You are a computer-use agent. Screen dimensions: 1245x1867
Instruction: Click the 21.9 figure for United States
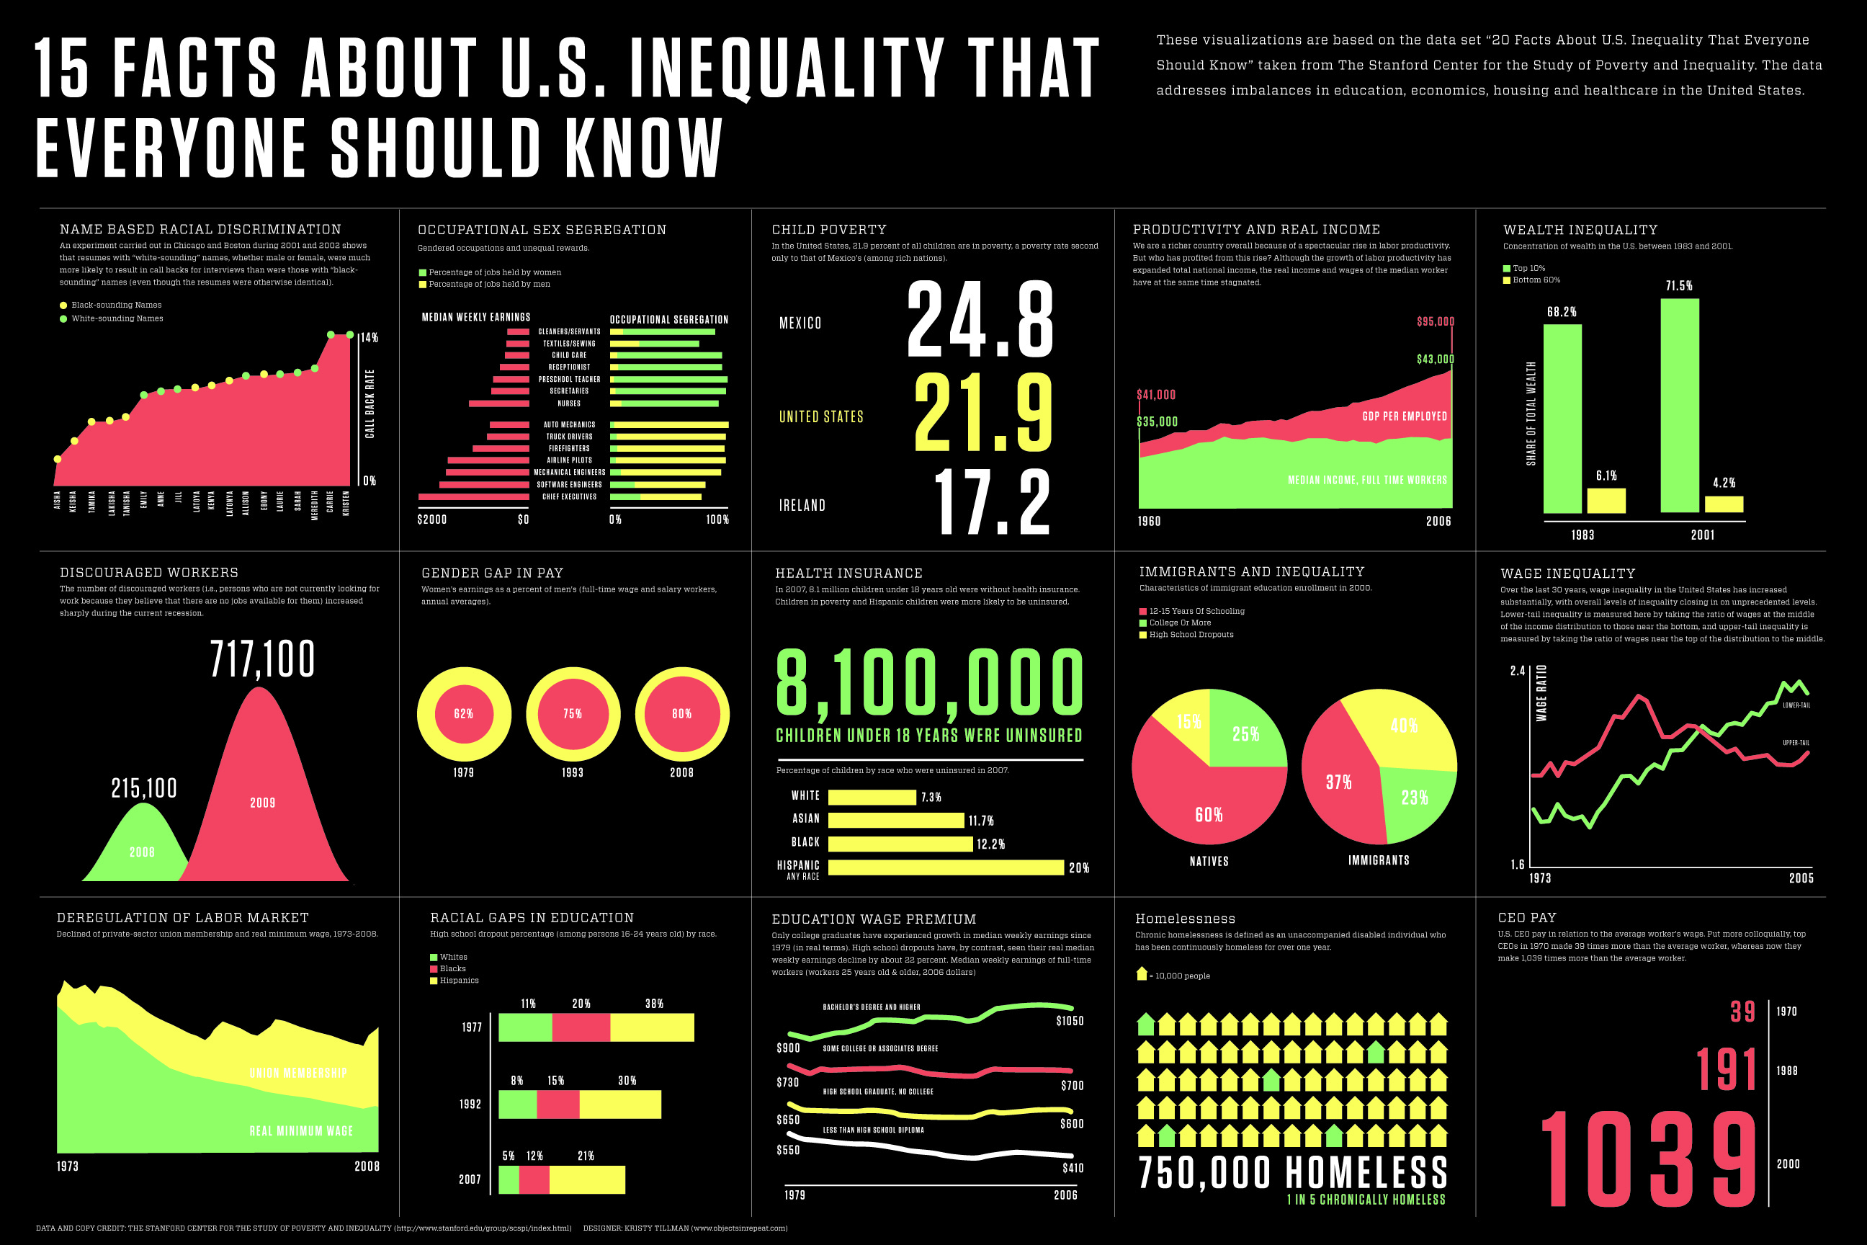point(982,413)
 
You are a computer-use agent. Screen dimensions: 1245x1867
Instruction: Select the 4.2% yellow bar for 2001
point(1724,504)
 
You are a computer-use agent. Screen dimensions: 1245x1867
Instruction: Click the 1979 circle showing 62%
point(464,714)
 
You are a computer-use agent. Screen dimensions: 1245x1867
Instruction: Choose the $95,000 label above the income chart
point(1435,321)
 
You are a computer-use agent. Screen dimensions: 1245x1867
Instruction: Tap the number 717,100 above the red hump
point(262,659)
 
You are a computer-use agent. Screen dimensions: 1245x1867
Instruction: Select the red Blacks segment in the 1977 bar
point(581,1027)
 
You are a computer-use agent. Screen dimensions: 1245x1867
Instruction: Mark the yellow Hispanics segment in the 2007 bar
point(586,1180)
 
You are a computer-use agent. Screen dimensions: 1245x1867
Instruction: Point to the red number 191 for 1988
point(1727,1071)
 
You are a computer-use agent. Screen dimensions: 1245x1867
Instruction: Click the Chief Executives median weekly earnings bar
point(473,497)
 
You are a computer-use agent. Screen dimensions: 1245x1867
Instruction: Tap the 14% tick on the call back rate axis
point(369,337)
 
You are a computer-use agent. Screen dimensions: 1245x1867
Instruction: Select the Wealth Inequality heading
point(1580,229)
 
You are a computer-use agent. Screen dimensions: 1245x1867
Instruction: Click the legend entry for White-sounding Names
point(117,318)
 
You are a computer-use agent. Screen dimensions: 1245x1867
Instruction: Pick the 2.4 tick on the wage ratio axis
point(1517,671)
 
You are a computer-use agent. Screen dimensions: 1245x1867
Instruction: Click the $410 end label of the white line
point(1073,1168)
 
